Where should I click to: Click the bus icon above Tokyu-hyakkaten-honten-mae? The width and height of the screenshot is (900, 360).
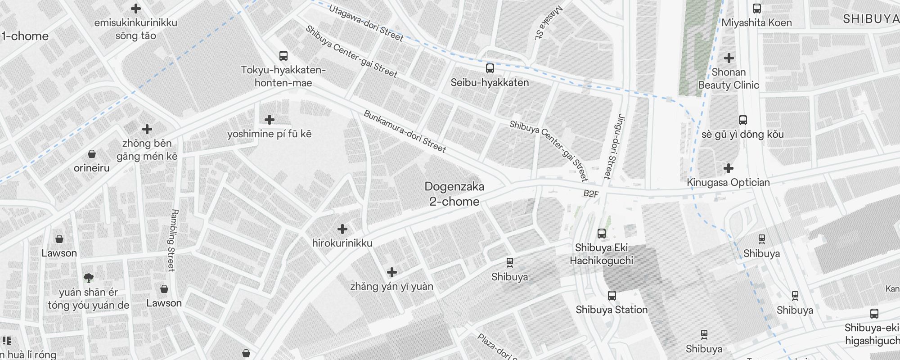point(283,56)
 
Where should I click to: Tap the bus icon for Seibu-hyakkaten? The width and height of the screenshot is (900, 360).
point(490,68)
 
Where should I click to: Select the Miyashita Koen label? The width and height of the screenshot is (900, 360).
point(756,22)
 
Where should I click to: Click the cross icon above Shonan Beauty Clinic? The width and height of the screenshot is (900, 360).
point(729,58)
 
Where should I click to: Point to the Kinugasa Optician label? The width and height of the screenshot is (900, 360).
point(728,182)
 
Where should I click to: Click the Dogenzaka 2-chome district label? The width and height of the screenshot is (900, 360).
point(454,194)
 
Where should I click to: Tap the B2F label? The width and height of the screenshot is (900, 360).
point(591,194)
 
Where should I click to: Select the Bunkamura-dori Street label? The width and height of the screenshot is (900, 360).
point(405,131)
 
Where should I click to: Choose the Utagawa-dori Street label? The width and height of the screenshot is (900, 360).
point(366,23)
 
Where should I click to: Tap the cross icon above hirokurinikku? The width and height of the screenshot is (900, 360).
point(342,229)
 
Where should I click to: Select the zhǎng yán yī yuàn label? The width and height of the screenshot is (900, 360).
point(391,287)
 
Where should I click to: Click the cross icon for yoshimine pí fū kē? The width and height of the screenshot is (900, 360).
point(270,120)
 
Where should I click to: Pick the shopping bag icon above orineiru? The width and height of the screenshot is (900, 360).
point(91,154)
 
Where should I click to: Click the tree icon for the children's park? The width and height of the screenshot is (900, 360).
point(88,278)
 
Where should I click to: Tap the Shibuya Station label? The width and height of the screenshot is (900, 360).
point(612,310)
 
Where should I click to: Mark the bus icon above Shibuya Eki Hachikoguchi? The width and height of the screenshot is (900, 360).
point(601,233)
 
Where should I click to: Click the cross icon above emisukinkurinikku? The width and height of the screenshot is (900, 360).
point(135,9)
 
